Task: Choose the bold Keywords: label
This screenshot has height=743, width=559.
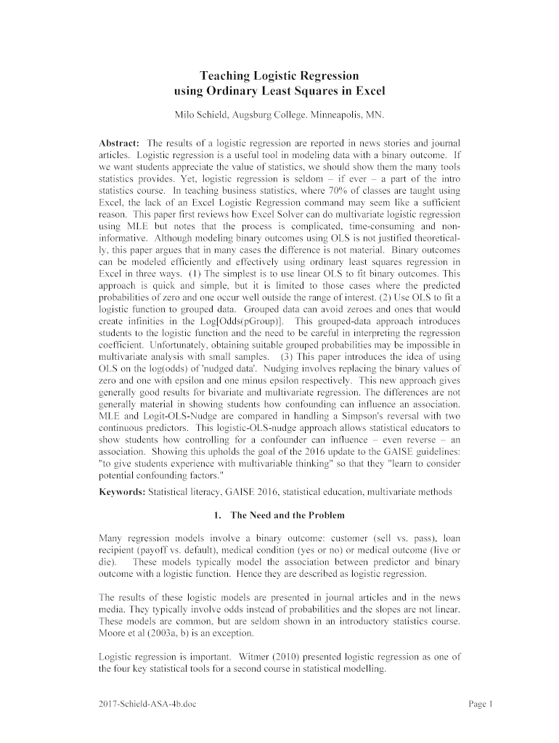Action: click(x=121, y=492)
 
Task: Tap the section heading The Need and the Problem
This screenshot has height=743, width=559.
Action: click(x=282, y=515)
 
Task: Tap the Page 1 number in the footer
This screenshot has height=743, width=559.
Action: click(x=480, y=704)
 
